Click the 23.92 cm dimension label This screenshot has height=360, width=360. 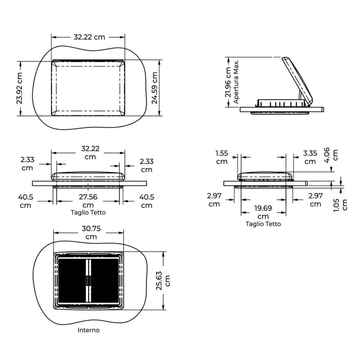[x=19, y=88]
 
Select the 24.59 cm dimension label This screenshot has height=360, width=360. [x=155, y=88]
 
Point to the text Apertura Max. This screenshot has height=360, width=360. [x=236, y=82]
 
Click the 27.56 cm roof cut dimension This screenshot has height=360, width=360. [x=88, y=201]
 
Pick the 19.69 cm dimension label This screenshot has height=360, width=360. [x=263, y=212]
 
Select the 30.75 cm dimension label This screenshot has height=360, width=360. [x=91, y=232]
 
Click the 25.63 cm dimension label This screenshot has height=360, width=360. [x=163, y=280]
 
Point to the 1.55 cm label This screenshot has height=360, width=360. [x=222, y=157]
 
